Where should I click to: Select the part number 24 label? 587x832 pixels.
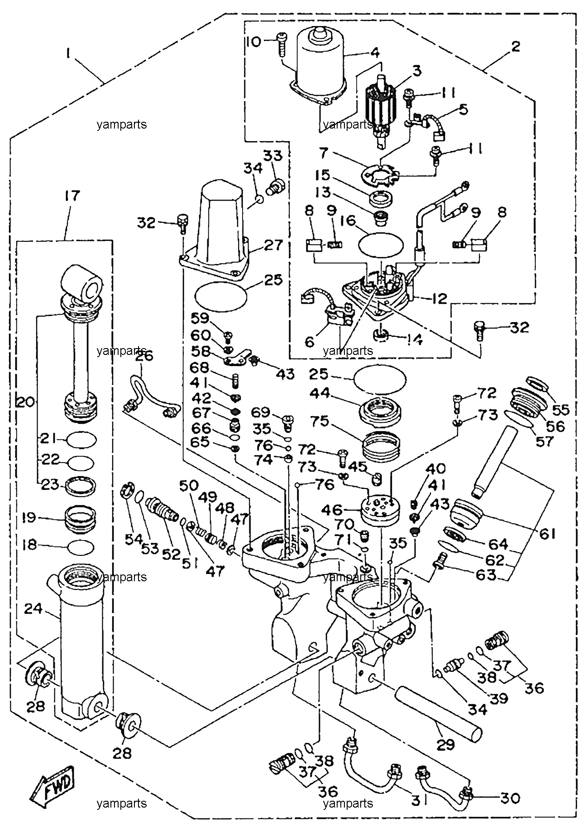click(x=33, y=609)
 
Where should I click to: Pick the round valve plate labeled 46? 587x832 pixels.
click(x=380, y=509)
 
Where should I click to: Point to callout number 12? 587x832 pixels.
click(x=438, y=298)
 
